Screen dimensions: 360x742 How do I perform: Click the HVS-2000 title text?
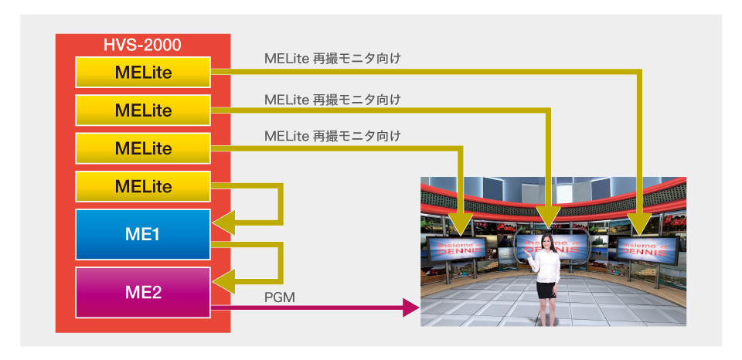[142, 45]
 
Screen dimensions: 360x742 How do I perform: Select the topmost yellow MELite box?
[143, 72]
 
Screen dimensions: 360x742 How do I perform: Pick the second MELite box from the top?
[143, 110]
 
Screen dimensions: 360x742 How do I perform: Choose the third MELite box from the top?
[143, 148]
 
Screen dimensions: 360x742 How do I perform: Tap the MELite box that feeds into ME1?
[143, 186]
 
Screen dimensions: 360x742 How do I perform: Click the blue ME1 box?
[143, 234]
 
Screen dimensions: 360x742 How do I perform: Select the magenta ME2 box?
[143, 291]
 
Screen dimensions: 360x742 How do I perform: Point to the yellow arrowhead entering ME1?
[223, 225]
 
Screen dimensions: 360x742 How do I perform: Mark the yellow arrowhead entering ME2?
[223, 282]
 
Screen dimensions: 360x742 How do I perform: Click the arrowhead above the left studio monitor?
[461, 224]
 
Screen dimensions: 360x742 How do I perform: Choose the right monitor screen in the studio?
[648, 249]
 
